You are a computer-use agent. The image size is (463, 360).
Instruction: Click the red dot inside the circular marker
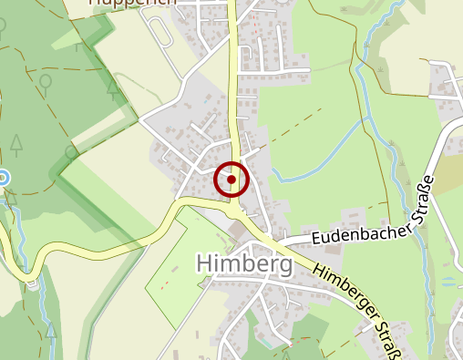231,180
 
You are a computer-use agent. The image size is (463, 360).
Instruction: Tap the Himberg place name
244,264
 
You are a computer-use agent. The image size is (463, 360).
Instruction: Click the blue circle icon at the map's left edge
3,178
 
